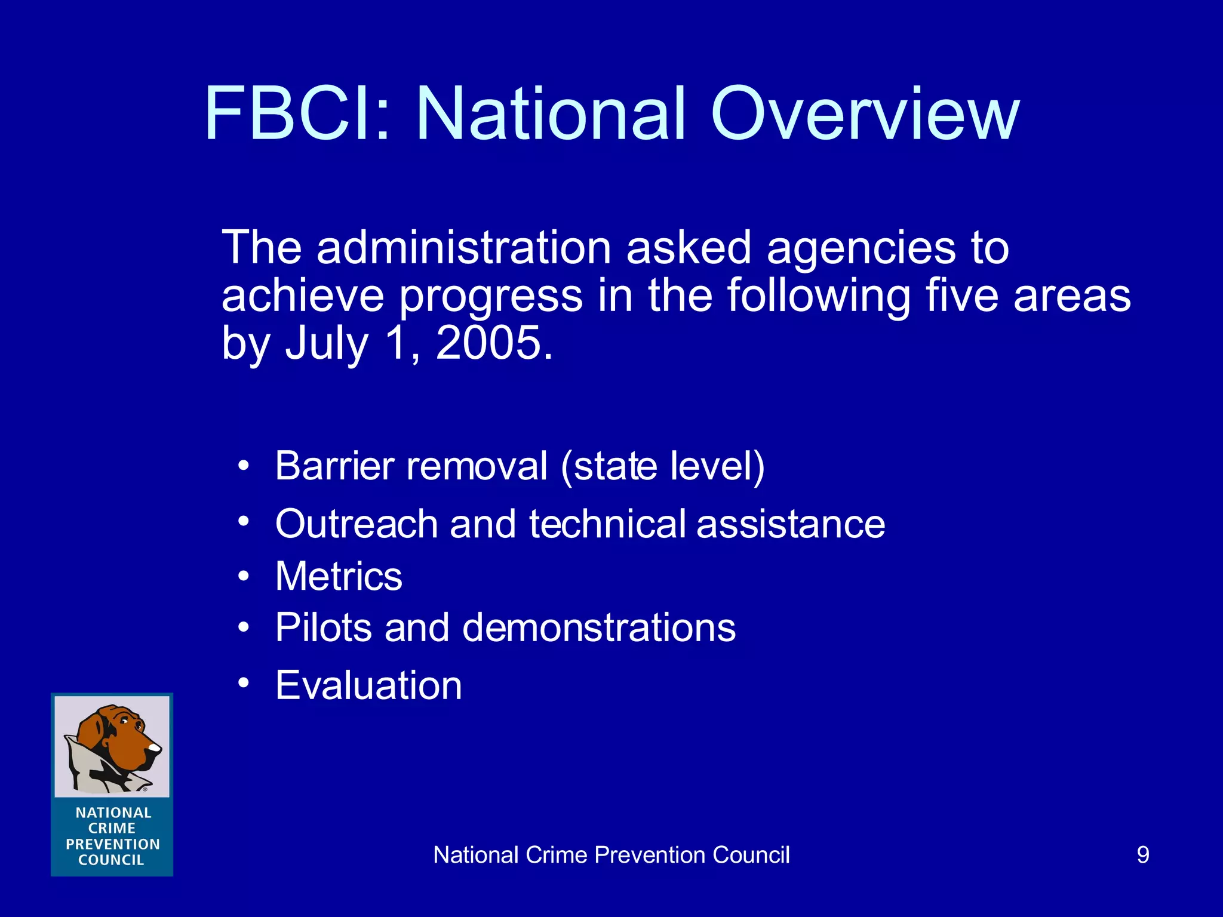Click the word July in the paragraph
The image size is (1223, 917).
tap(326, 344)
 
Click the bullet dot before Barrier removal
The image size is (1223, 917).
tap(243, 465)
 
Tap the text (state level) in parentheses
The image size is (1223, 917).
tap(663, 466)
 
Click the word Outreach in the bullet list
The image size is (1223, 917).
tap(357, 524)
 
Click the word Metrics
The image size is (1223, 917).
tap(339, 576)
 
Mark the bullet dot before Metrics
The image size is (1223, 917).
tap(243, 576)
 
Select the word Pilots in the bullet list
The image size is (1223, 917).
tap(323, 627)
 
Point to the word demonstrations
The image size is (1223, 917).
tap(599, 627)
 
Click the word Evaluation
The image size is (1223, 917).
tap(368, 685)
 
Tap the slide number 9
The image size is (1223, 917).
tap(1142, 855)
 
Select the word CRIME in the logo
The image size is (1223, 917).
tap(112, 829)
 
